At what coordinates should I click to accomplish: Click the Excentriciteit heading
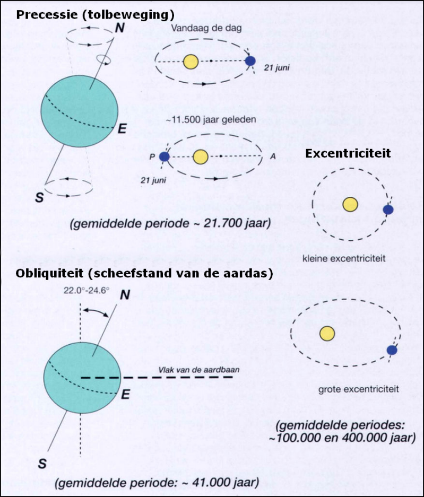[x=348, y=153]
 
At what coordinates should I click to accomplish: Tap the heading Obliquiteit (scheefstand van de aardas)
[x=144, y=274]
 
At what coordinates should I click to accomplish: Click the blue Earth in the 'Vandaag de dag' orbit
[x=250, y=62]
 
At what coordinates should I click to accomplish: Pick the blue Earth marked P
[x=164, y=156]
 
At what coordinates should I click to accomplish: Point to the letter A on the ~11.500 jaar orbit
[x=273, y=156]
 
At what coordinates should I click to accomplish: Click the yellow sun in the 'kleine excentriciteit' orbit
[x=350, y=204]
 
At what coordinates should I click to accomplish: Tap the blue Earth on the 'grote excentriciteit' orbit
[x=392, y=350]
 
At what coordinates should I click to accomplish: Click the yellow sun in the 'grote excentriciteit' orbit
[x=328, y=333]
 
